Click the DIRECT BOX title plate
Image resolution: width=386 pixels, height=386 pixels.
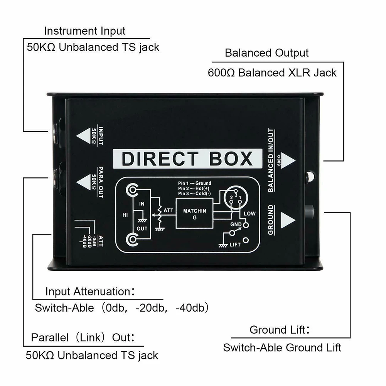[x=187, y=158]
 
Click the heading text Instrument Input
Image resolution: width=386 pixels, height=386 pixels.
[x=85, y=31]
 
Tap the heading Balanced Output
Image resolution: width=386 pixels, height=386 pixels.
[x=267, y=53]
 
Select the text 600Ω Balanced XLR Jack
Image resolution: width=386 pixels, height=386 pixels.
[x=272, y=72]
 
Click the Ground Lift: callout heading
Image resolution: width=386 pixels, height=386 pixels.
[x=280, y=330]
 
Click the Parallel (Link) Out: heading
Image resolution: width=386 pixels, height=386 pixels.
[x=83, y=338]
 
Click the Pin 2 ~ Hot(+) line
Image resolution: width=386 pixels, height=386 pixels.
[x=195, y=188]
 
